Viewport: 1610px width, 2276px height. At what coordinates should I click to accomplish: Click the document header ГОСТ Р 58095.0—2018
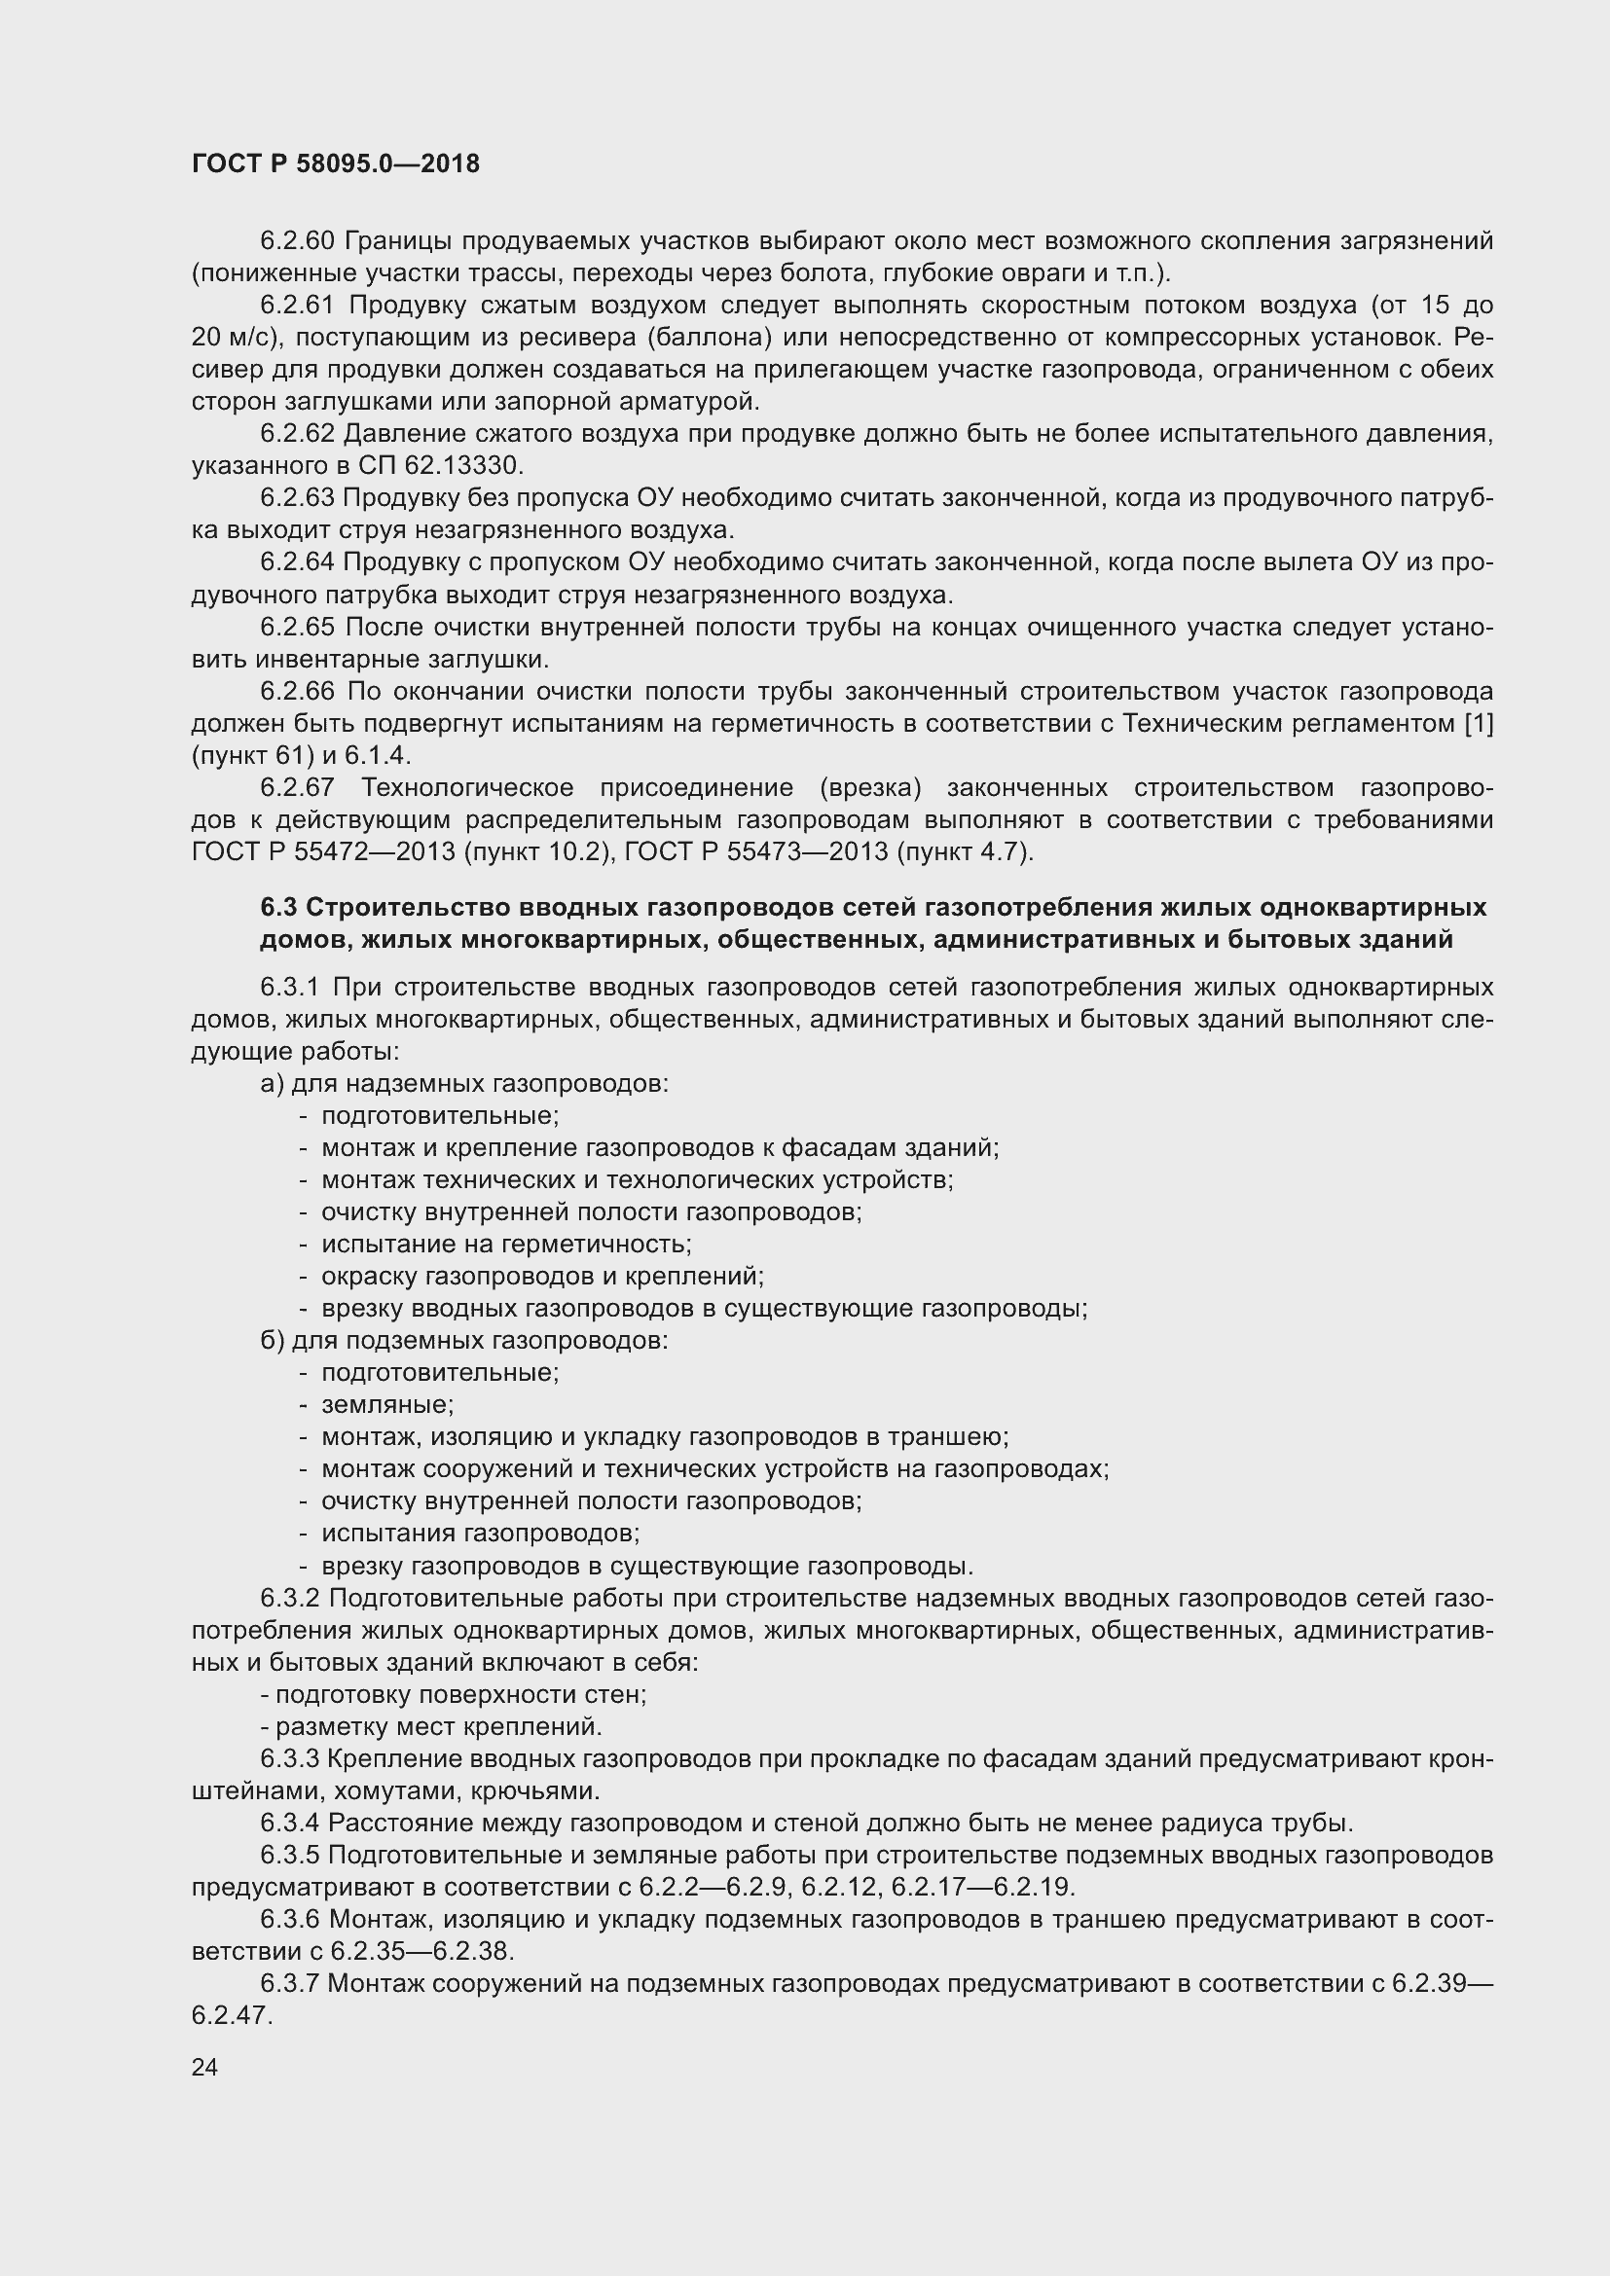[335, 163]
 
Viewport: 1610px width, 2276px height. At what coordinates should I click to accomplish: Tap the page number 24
[205, 2067]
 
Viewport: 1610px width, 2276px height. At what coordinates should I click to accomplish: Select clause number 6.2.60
[298, 241]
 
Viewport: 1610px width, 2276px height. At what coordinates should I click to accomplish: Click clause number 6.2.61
[298, 306]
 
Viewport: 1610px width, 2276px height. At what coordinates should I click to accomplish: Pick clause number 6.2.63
[298, 497]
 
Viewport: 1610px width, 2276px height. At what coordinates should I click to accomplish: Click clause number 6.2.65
[298, 627]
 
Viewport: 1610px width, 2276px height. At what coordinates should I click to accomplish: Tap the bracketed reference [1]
[1479, 724]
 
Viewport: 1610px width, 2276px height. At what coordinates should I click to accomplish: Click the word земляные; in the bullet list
[387, 1405]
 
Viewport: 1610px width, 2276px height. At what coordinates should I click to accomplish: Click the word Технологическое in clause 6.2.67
[467, 788]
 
